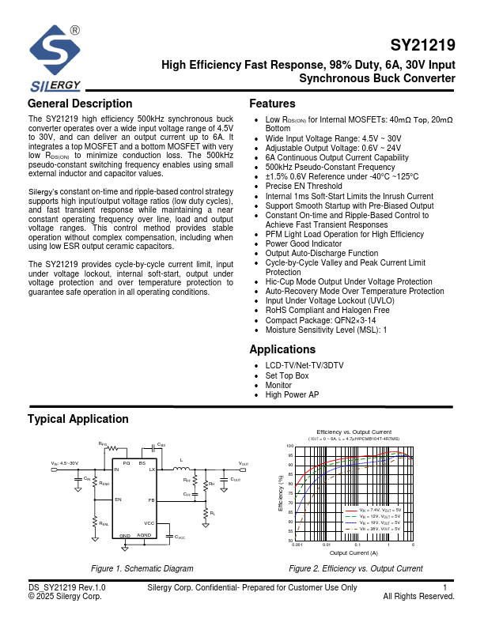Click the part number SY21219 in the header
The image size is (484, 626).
tap(423, 46)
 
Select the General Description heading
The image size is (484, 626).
tap(80, 104)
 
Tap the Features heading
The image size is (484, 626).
tap(272, 104)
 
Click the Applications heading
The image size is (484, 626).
tap(282, 349)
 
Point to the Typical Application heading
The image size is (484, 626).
tap(78, 419)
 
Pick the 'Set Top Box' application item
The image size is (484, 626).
tap(287, 375)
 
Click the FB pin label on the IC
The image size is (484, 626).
tap(151, 500)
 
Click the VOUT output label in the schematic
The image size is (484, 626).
tap(244, 463)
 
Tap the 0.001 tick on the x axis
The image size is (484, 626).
tap(297, 545)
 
